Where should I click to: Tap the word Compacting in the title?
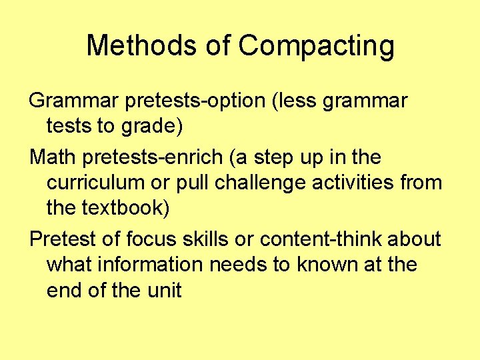316,47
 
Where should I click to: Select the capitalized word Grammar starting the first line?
72,101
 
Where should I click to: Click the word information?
149,264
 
